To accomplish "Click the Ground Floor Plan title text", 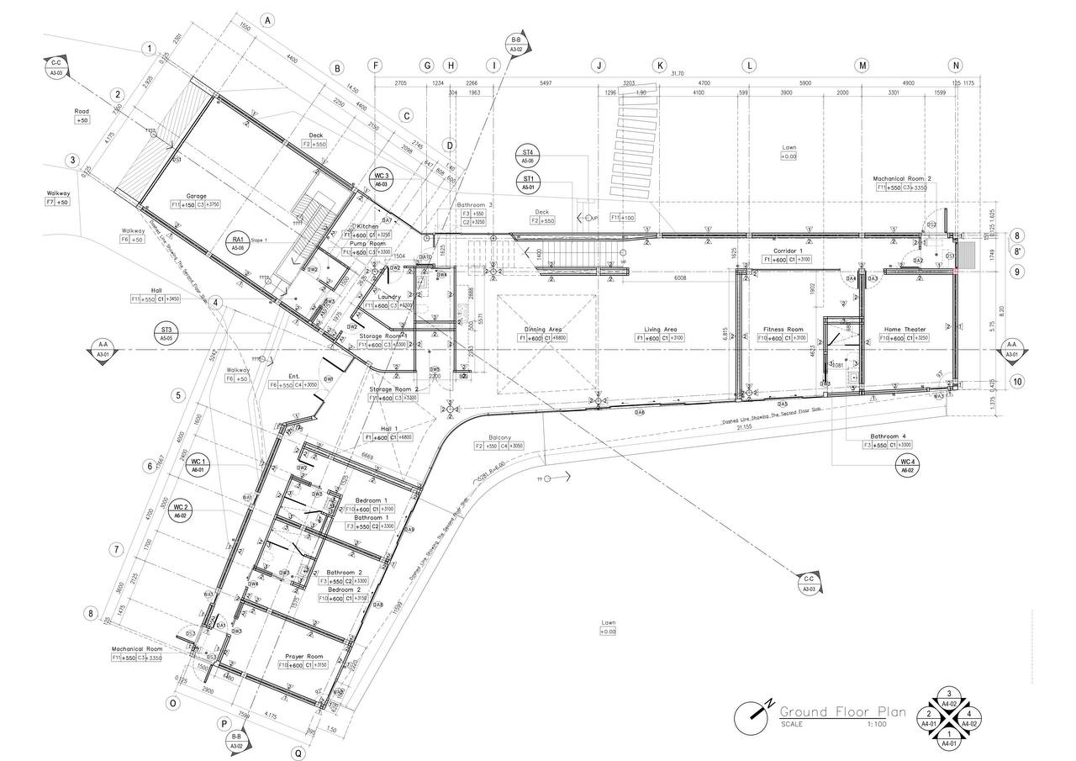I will pos(842,712).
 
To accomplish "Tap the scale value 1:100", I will pos(878,724).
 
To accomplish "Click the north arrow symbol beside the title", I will pos(752,716).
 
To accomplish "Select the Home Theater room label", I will pos(905,330).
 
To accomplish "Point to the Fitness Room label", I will pos(783,330).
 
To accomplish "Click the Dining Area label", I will pos(543,330).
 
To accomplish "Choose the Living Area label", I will pos(660,330).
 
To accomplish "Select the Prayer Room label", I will pos(303,656).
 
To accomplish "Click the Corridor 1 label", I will pos(789,251).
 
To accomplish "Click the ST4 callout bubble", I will pos(529,156).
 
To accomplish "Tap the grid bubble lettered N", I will pos(955,65).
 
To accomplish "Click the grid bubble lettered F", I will pos(375,65).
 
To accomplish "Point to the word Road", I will pos(82,111).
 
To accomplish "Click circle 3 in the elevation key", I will pos(948,694).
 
